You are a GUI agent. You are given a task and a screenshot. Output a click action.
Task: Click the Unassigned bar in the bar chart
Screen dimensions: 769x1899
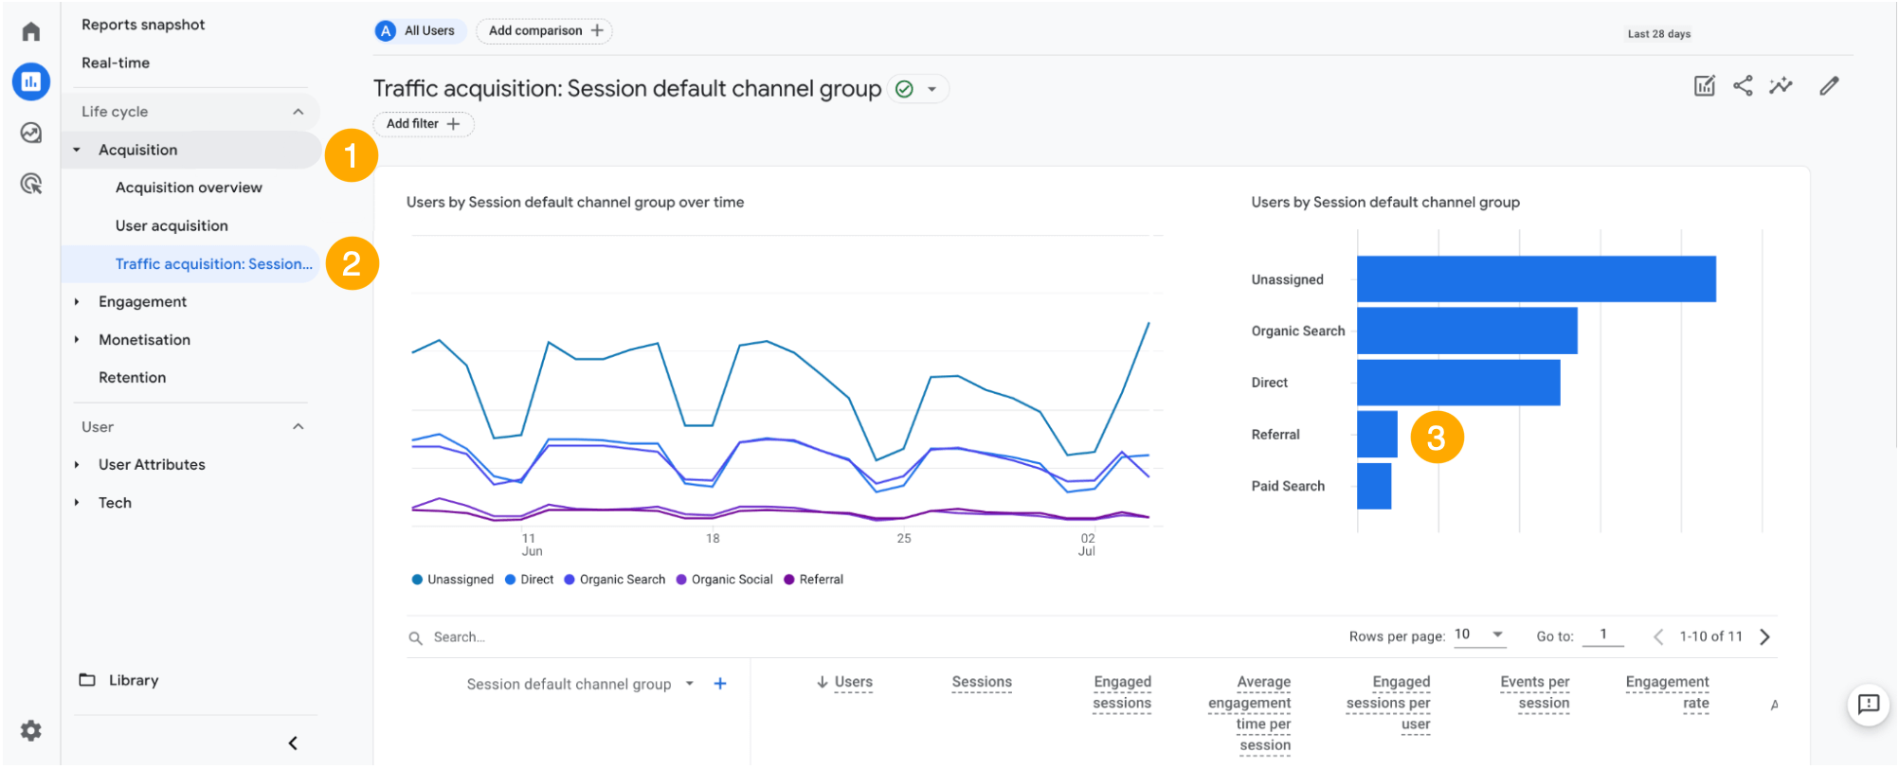[1535, 279]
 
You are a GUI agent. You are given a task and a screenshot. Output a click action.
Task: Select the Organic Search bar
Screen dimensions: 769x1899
[1466, 331]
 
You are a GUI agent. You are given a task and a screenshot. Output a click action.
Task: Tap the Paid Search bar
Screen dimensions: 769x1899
[1373, 486]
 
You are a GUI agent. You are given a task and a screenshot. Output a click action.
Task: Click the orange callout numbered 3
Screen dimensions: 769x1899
[1437, 438]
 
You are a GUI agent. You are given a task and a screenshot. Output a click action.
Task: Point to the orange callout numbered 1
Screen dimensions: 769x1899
[352, 155]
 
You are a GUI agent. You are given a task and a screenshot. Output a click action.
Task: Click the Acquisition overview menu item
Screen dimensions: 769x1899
[189, 188]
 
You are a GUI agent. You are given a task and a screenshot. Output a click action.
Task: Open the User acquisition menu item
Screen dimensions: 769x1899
[172, 225]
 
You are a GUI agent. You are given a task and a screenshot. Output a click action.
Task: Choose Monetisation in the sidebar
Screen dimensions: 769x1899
[144, 339]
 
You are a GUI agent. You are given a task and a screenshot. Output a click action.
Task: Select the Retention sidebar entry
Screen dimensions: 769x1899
[132, 377]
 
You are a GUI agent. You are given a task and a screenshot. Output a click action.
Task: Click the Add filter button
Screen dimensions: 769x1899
[423, 124]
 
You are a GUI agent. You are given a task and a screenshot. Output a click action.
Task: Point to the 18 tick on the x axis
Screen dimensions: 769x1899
[713, 538]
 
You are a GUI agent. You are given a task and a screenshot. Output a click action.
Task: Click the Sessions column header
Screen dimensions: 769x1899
[982, 682]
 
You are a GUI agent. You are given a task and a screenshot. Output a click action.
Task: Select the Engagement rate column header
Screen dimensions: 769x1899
[1667, 692]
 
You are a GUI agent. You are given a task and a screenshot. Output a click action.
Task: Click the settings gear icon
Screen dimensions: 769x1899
[31, 730]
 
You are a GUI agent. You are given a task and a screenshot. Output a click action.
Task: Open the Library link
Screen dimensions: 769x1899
[133, 680]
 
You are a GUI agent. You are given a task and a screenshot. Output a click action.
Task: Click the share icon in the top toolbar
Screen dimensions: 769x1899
[1743, 86]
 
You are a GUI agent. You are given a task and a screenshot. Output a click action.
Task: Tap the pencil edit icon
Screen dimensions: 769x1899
[1829, 86]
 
